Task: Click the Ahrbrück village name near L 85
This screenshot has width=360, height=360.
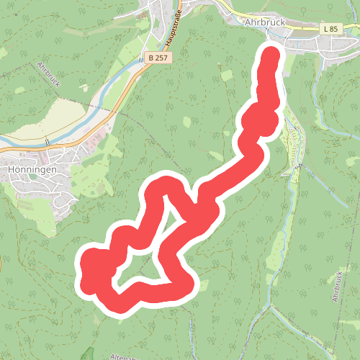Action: click(x=266, y=23)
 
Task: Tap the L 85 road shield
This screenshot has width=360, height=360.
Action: click(x=330, y=27)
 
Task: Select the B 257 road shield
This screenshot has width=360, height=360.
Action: click(x=158, y=57)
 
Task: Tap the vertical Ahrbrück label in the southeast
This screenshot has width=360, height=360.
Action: click(x=336, y=287)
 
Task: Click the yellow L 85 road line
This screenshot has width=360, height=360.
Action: click(x=302, y=29)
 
